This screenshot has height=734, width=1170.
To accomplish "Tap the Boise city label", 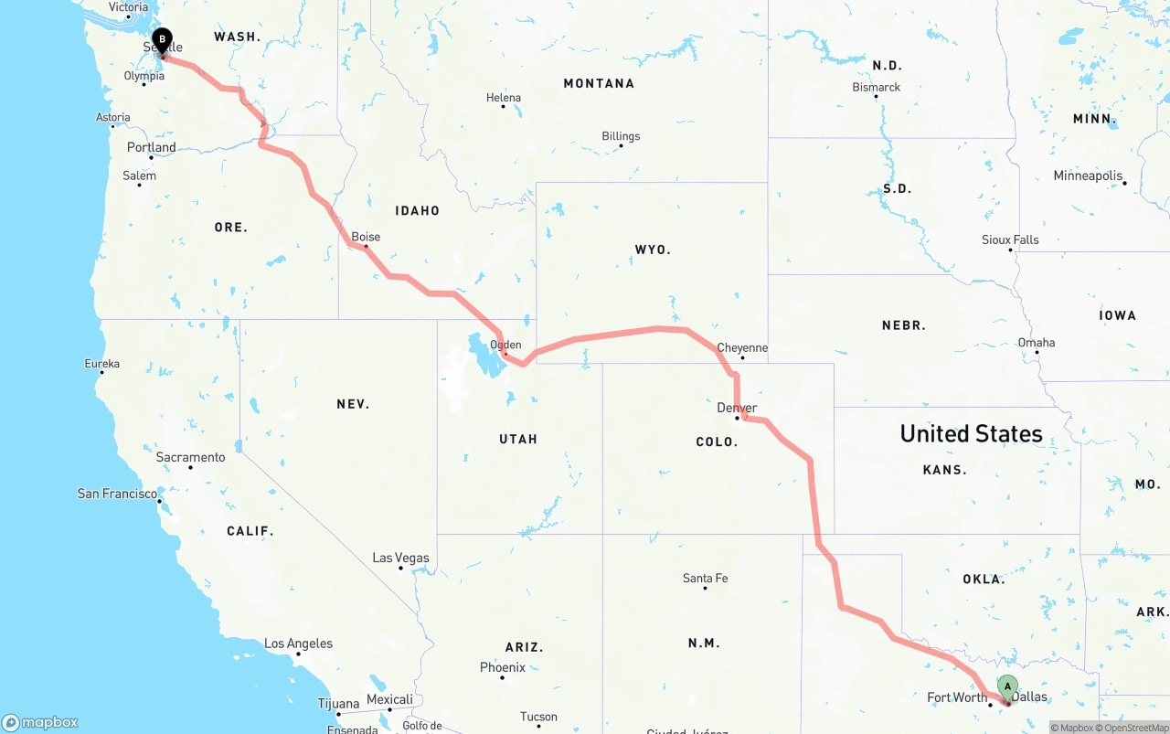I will (366, 237).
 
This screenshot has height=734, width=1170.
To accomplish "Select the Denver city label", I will (737, 408).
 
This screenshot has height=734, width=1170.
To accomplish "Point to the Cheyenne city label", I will (742, 347).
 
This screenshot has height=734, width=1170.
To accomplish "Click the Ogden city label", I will (505, 345).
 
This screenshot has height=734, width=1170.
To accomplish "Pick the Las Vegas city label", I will (400, 558).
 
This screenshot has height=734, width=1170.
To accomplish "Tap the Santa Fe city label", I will (705, 578).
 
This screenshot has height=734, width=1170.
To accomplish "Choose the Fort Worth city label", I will (957, 697).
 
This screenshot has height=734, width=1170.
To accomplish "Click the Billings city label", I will (621, 136).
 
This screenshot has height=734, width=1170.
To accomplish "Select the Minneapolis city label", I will (1088, 176).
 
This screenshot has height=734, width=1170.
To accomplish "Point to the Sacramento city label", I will (190, 457).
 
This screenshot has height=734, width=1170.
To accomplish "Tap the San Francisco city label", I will (117, 494).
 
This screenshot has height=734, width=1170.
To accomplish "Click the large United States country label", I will (971, 433).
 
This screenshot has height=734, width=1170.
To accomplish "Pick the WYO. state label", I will (653, 249).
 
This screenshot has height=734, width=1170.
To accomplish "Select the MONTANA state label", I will (599, 83).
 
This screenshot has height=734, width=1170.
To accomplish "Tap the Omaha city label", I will (1037, 343).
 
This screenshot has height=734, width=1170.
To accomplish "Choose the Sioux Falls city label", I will (1010, 239).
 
